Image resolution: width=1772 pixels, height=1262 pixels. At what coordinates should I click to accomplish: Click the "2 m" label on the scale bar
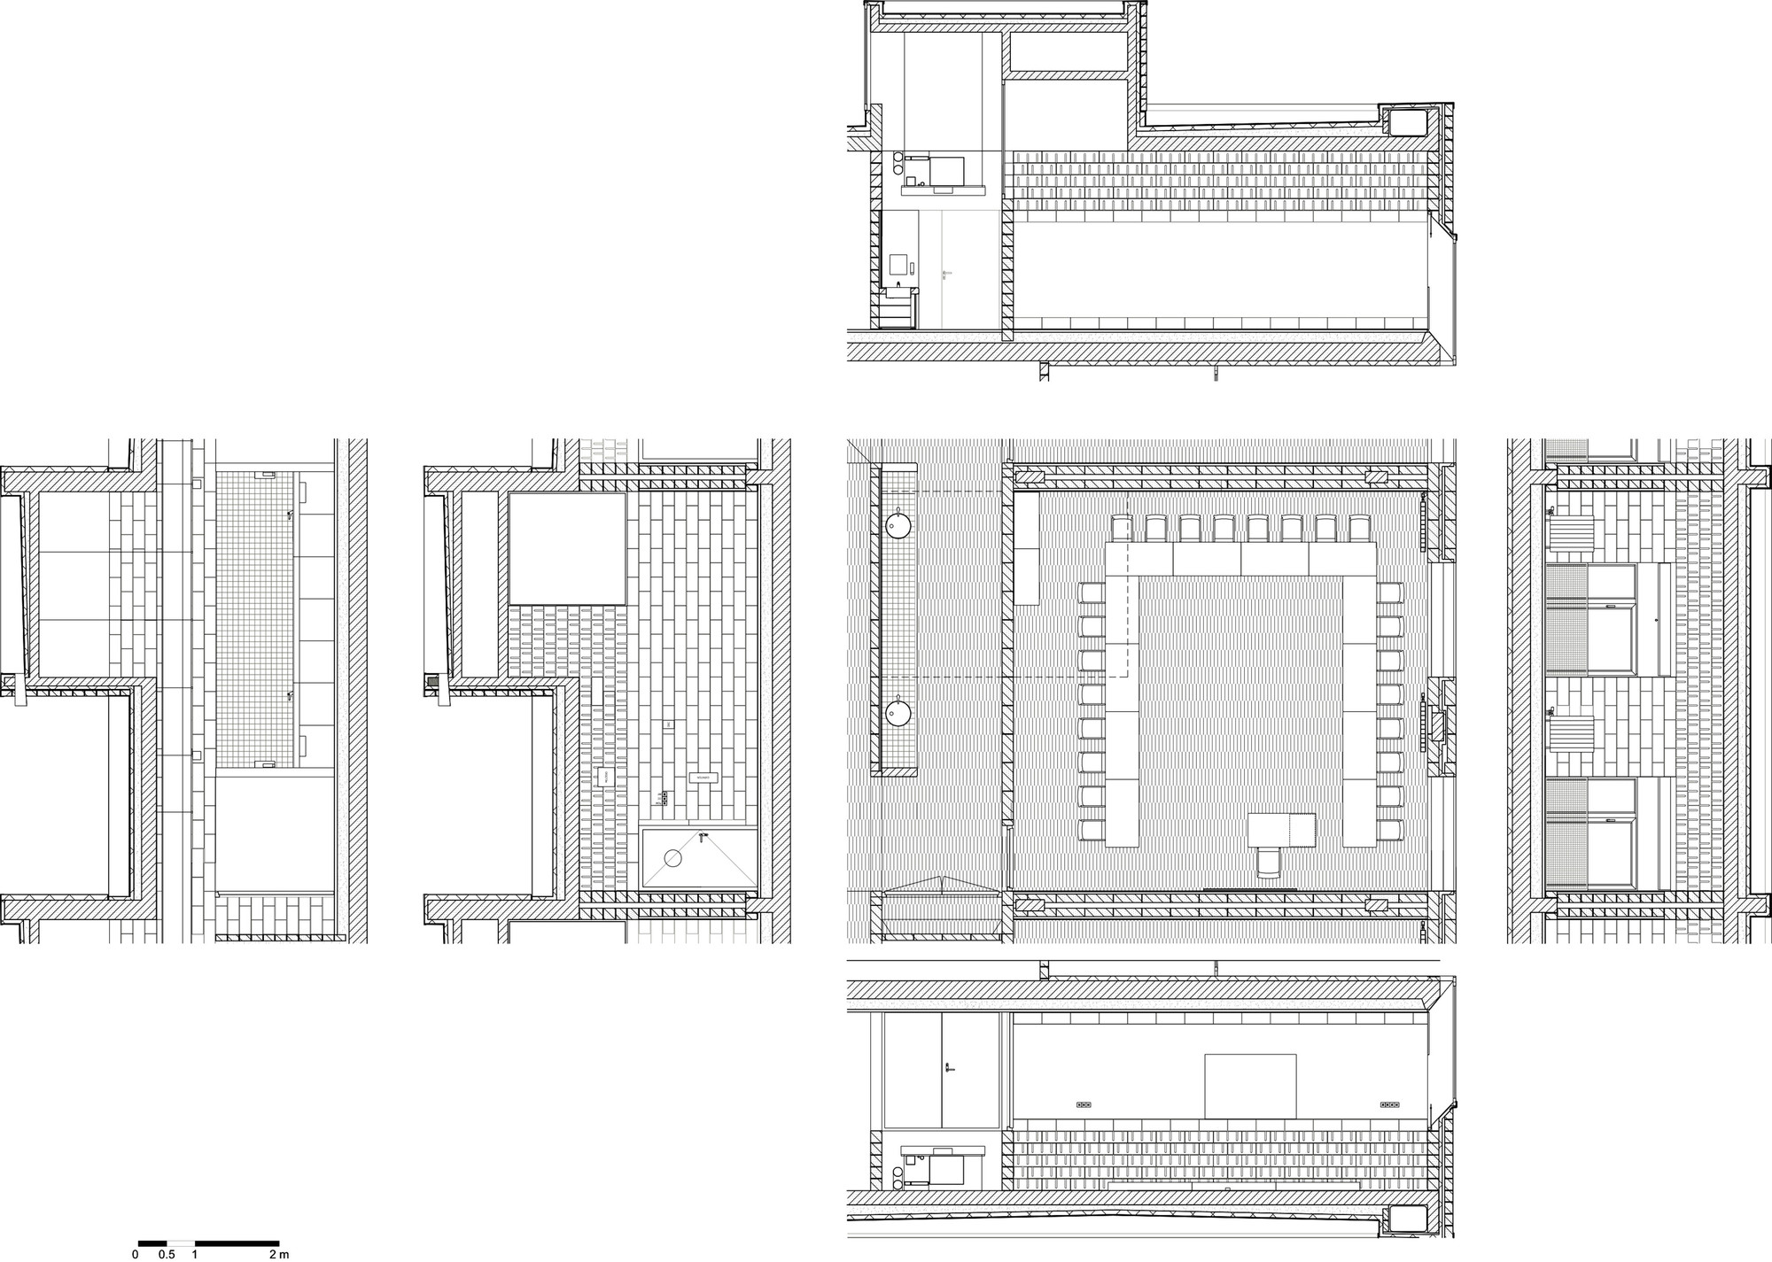pos(279,1254)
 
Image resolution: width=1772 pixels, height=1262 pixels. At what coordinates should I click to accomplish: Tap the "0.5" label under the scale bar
pos(166,1254)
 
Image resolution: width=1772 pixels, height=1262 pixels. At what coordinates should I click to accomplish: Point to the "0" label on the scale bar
pos(136,1254)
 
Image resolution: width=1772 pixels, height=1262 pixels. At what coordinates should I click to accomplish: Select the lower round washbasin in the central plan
pos(898,710)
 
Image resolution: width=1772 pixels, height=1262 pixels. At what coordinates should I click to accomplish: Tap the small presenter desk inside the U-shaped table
pos(1281,829)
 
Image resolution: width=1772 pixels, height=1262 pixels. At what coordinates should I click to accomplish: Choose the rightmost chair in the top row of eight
pos(1358,529)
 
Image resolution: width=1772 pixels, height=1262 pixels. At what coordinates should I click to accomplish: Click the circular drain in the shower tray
pos(672,857)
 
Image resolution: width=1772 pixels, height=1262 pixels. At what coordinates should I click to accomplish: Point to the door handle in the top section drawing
pos(946,272)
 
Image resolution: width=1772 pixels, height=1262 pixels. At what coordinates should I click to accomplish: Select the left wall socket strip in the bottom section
pos(1083,1105)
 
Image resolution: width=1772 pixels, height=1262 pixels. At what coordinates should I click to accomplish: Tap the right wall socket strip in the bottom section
pos(1389,1105)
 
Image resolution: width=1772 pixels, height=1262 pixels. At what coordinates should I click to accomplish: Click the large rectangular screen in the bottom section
pos(1250,1086)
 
